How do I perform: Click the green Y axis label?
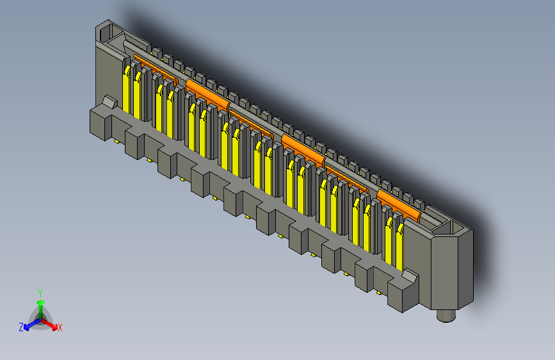[40, 292]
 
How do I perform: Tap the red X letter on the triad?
[60, 327]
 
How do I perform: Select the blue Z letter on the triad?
[21, 327]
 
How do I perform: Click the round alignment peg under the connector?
[446, 315]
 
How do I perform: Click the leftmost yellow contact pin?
[127, 90]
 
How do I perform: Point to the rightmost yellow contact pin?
[399, 247]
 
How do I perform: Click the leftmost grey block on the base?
[100, 124]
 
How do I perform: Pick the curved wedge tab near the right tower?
[409, 277]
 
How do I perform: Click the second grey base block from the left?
[134, 143]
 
